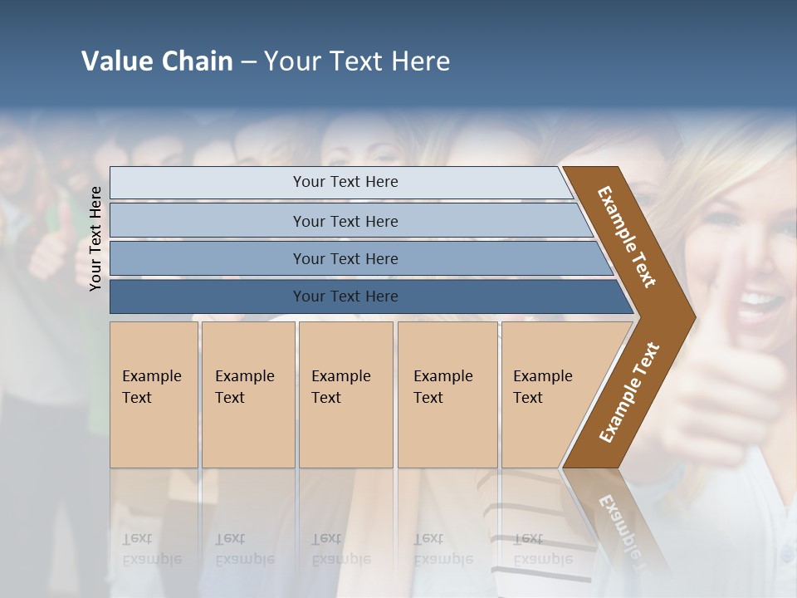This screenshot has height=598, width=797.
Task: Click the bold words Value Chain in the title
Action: pyautogui.click(x=157, y=61)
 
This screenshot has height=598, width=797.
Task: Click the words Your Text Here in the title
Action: pyautogui.click(x=357, y=61)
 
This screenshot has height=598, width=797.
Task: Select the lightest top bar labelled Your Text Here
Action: pyautogui.click(x=345, y=182)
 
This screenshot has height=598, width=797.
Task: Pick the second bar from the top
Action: pyautogui.click(x=345, y=221)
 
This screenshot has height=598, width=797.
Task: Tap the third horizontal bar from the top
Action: pyautogui.click(x=345, y=258)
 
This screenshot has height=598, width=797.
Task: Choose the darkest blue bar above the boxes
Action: pyautogui.click(x=345, y=297)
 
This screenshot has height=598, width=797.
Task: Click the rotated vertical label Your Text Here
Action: pyautogui.click(x=95, y=238)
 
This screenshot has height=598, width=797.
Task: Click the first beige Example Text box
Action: pyautogui.click(x=154, y=394)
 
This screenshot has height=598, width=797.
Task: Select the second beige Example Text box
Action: pyautogui.click(x=247, y=394)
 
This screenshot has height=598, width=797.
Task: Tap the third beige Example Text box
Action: pyautogui.click(x=345, y=394)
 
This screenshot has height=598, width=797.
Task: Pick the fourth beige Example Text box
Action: pyautogui.click(x=447, y=394)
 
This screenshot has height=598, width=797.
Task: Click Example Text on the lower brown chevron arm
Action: pyautogui.click(x=628, y=393)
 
